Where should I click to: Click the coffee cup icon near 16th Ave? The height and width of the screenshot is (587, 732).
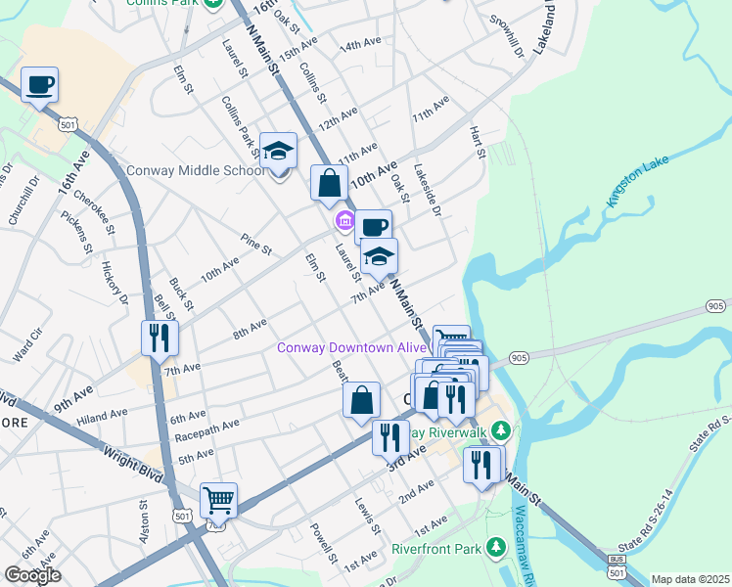39,85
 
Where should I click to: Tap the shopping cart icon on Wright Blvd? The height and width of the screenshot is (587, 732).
218,501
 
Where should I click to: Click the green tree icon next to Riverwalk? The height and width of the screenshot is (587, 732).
501,430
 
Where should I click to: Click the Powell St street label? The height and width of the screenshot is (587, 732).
323,543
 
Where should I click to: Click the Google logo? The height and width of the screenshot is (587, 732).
32,575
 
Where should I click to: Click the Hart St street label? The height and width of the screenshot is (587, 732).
479,140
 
